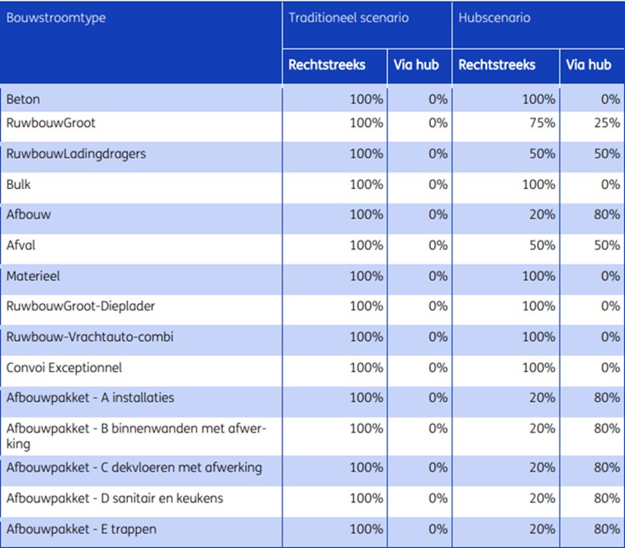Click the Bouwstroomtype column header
click(x=56, y=18)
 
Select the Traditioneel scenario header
click(x=348, y=17)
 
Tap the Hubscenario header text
click(x=495, y=17)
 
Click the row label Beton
click(x=23, y=99)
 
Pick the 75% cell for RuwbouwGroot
click(x=542, y=123)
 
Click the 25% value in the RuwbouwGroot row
click(x=607, y=123)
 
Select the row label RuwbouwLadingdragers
click(x=76, y=154)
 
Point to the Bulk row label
click(x=18, y=184)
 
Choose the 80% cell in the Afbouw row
click(x=607, y=215)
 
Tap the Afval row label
click(x=21, y=245)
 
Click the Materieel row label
click(x=33, y=276)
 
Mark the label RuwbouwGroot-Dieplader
click(x=81, y=306)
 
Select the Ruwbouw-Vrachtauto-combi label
click(x=90, y=337)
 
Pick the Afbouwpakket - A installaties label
click(x=90, y=398)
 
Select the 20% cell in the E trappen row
click(x=542, y=529)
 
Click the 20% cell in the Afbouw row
click(x=542, y=215)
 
